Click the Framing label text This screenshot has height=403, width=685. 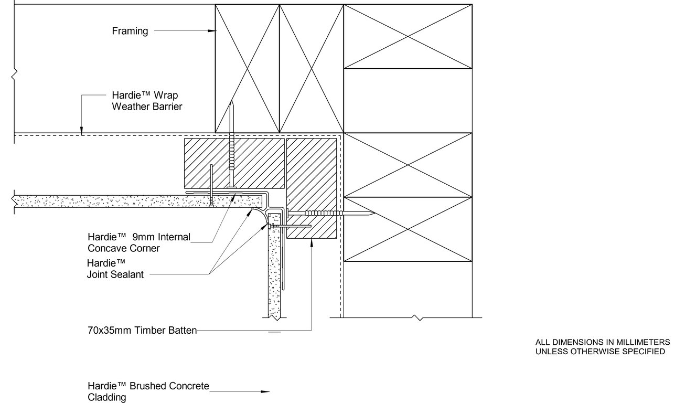tap(130, 31)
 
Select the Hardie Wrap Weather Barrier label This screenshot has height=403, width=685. tap(147, 101)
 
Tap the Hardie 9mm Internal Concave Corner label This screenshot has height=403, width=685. tap(139, 242)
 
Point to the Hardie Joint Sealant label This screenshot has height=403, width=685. tap(115, 268)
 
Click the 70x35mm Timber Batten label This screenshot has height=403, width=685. tap(142, 331)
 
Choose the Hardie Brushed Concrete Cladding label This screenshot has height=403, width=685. tap(148, 391)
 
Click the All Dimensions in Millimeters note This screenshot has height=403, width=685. tap(599, 346)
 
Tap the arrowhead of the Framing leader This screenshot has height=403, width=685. tap(212, 31)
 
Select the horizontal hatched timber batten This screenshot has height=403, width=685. tap(234, 163)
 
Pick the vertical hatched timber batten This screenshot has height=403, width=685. tap(312, 187)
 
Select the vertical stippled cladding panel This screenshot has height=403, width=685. tap(275, 273)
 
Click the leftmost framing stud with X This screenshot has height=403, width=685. tap(247, 68)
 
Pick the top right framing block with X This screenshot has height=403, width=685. tap(408, 37)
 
